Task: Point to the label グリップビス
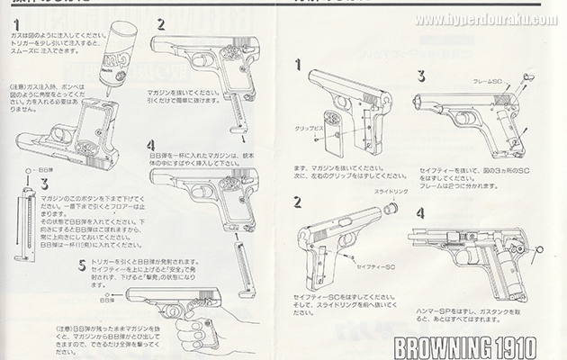pyautogui.click(x=312, y=127)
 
